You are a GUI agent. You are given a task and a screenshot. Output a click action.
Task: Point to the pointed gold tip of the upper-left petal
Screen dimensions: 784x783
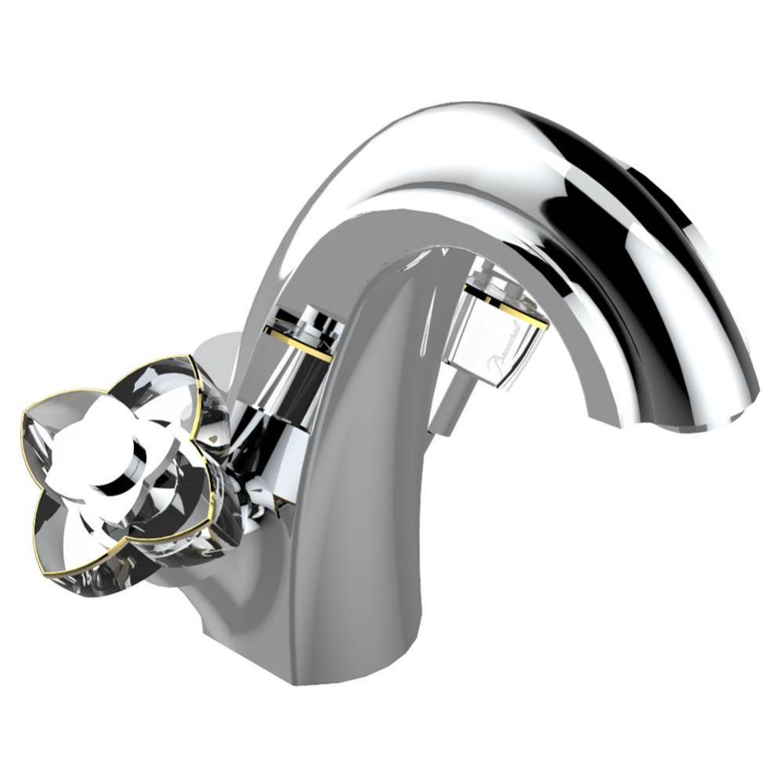pos(25,410)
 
